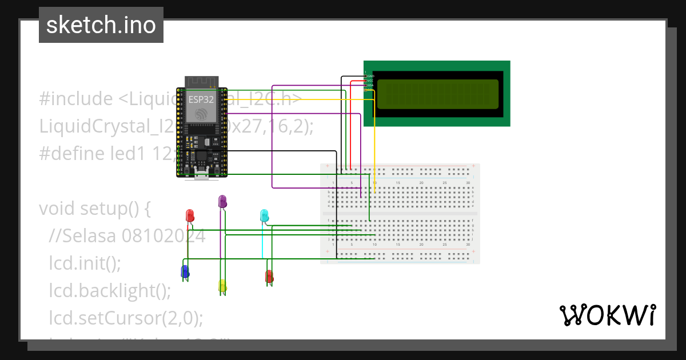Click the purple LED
tap(222, 201)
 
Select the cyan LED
tap(264, 215)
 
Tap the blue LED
tap(185, 272)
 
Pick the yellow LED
tap(222, 286)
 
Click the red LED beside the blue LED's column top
tap(190, 215)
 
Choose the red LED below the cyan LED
tap(269, 277)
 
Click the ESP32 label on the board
tap(201, 99)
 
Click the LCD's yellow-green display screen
tap(437, 94)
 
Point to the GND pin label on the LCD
tap(370, 76)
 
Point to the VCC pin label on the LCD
tap(370, 81)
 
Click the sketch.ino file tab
tap(101, 25)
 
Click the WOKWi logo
tap(608, 315)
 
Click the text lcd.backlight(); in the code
tap(110, 291)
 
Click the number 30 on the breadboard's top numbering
tap(468, 183)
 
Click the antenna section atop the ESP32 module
tap(201, 82)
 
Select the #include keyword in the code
tap(76, 99)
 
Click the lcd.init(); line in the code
tap(85, 263)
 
